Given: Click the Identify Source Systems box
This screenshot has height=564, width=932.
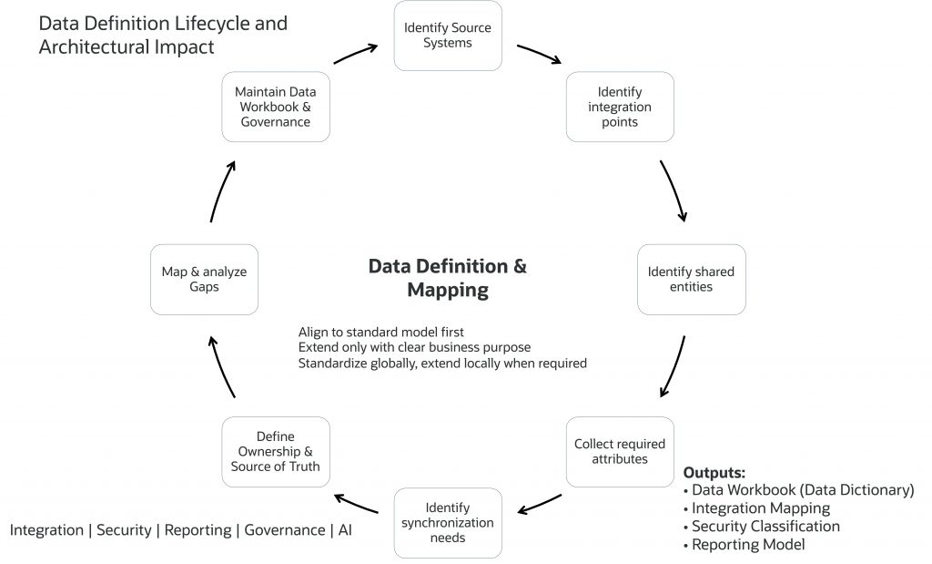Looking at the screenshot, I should (x=448, y=36).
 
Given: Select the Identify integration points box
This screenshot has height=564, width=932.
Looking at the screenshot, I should (x=620, y=107).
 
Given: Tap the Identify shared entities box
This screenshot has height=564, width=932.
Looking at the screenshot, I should (x=691, y=279).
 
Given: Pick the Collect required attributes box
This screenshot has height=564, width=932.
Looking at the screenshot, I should (x=620, y=452).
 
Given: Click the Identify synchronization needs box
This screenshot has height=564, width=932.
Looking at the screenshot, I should (x=448, y=523).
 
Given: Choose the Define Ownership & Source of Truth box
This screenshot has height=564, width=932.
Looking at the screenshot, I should (x=276, y=452).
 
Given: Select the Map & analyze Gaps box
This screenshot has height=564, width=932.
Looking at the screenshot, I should (x=205, y=279).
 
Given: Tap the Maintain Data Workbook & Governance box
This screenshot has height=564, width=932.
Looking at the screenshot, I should (x=276, y=107).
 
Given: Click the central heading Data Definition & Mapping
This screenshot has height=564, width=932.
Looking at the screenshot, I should (x=447, y=278).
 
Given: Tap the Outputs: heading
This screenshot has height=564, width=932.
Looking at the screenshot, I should (x=714, y=473).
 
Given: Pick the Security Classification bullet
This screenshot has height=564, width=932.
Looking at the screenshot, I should (x=765, y=527).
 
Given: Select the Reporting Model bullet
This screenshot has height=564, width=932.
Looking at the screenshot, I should (x=747, y=545).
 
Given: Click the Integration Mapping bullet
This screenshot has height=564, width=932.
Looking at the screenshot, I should (x=760, y=508).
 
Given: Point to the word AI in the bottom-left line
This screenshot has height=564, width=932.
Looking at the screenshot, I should (x=345, y=529).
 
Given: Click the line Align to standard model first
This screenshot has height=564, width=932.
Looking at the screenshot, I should (x=380, y=332).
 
